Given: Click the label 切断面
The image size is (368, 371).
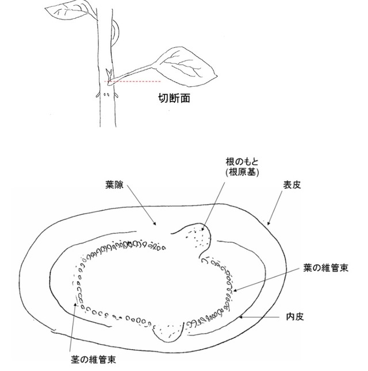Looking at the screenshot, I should (x=174, y=98).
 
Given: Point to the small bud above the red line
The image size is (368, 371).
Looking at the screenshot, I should (x=109, y=75).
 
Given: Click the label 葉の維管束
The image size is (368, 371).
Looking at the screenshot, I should (x=325, y=268).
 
